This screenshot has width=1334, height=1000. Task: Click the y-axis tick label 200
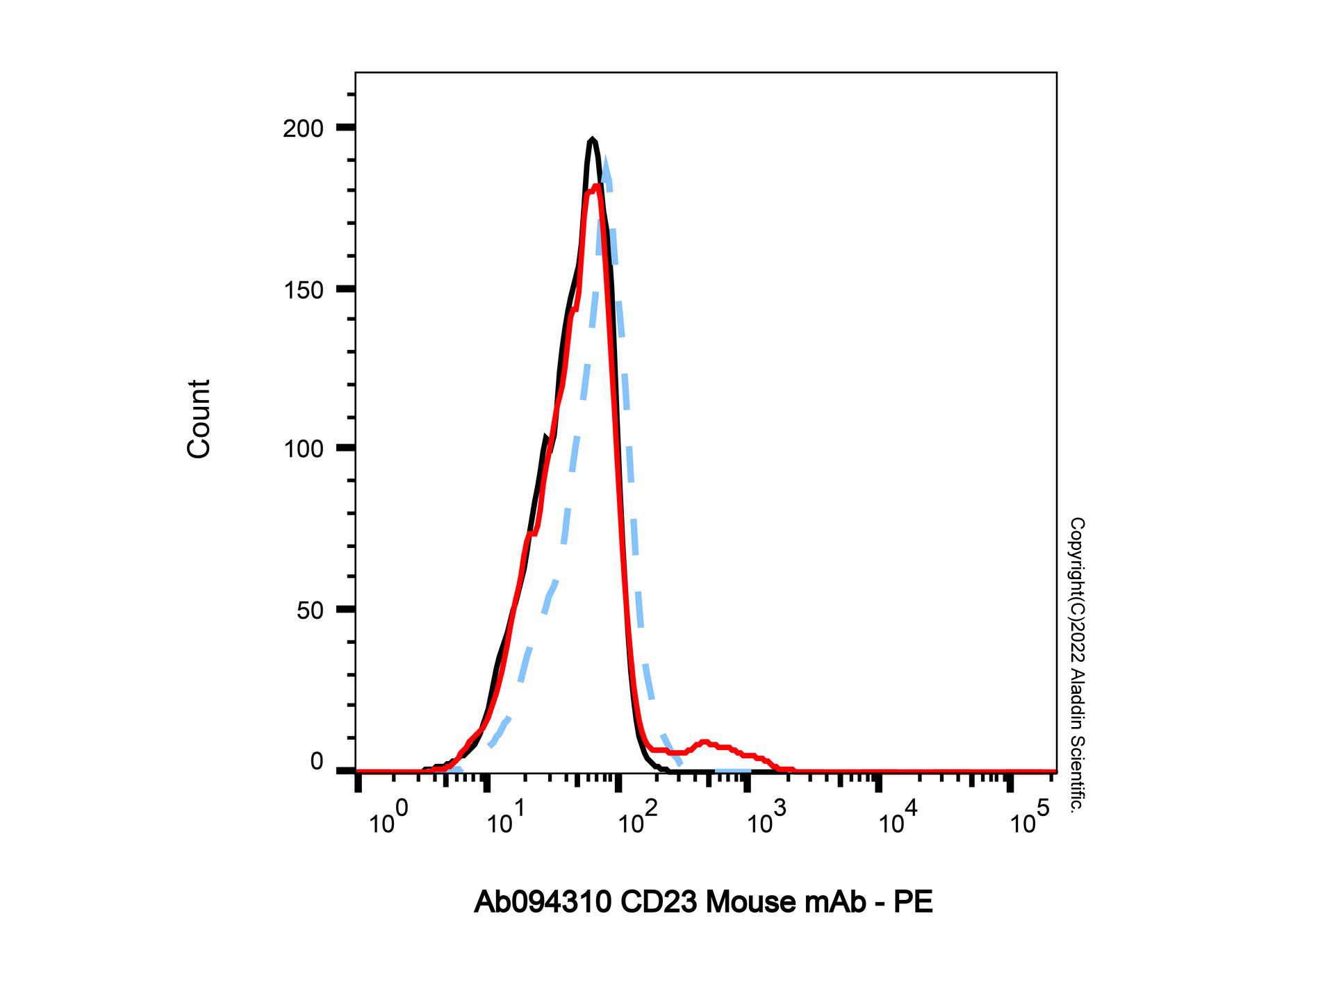click(303, 128)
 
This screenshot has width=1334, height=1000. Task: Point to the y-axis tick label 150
click(303, 290)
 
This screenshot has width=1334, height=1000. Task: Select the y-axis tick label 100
click(303, 449)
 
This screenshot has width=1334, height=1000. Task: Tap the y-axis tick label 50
click(310, 610)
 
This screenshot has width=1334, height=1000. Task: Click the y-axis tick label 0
click(317, 762)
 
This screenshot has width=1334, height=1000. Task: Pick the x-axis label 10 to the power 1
click(506, 819)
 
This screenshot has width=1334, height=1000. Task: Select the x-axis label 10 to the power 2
click(636, 819)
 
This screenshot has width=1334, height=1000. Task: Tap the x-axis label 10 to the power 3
click(767, 819)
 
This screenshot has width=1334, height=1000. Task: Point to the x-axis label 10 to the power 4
click(898, 819)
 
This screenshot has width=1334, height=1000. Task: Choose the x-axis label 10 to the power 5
click(1029, 819)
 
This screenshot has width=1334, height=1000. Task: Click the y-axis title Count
click(199, 419)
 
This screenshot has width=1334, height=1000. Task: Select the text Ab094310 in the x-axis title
click(543, 902)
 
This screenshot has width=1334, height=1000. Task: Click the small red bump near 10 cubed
click(705, 743)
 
